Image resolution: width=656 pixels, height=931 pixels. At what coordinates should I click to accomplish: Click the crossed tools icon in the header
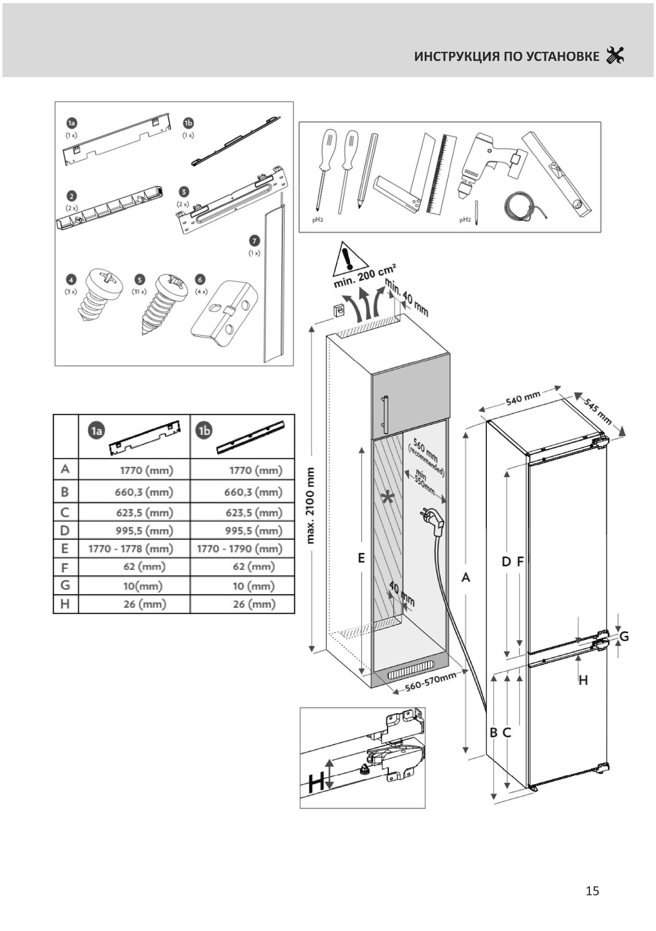tap(615, 55)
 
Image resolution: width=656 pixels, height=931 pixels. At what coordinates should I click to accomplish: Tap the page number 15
tap(592, 890)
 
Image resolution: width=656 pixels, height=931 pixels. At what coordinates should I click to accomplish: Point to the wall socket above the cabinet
tap(339, 311)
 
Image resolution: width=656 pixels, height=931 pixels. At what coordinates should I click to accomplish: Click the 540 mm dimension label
tap(523, 398)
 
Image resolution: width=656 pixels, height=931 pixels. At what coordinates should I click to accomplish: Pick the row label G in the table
tap(65, 585)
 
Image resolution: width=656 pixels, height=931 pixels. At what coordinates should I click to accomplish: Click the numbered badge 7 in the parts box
tap(254, 241)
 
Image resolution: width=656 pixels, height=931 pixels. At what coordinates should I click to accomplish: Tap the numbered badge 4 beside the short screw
tap(71, 280)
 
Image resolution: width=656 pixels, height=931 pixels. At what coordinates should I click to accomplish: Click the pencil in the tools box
tap(367, 170)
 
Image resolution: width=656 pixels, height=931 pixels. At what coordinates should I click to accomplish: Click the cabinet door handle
tap(385, 415)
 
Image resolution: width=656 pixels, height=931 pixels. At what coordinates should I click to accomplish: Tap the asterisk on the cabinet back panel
tap(387, 497)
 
